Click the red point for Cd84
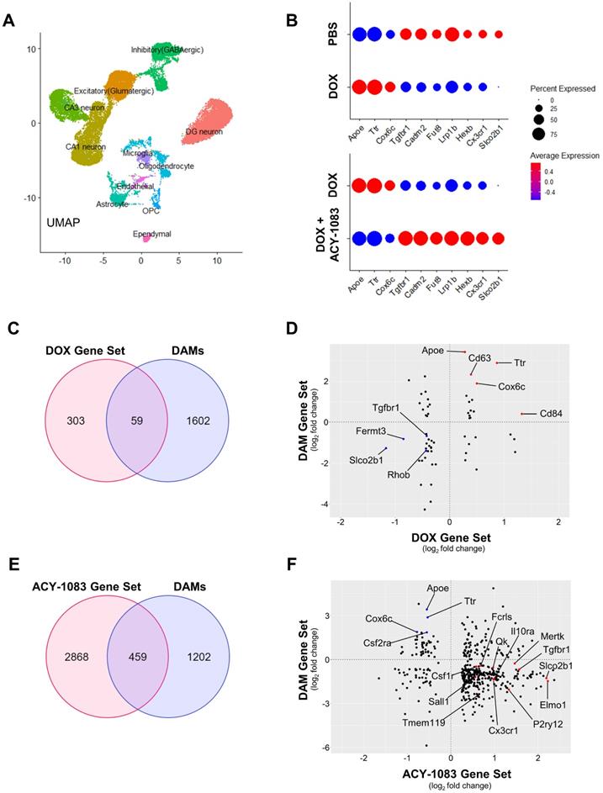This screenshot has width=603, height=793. [522, 413]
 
